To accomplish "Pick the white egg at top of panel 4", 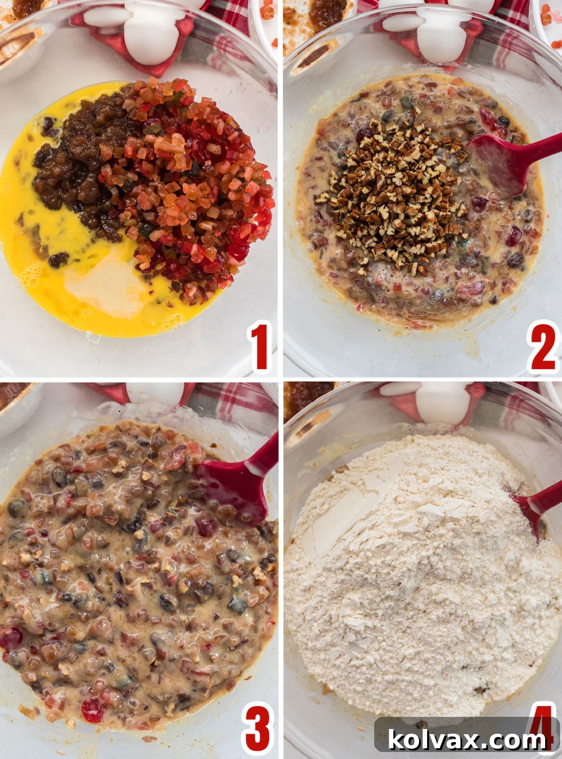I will (x=443, y=403).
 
